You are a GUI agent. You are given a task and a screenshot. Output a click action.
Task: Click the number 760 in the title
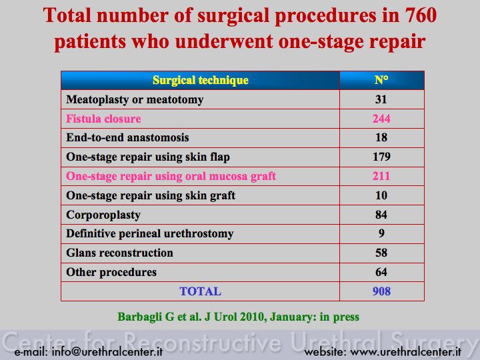[420, 15]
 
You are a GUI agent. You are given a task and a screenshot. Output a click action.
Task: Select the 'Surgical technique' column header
[201, 80]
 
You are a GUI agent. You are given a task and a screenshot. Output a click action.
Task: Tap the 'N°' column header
[381, 80]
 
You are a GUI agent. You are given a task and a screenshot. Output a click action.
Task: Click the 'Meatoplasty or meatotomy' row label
[135, 99]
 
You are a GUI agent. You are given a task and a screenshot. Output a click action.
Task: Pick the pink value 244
[381, 119]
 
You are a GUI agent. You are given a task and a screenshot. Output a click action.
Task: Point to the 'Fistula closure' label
[103, 119]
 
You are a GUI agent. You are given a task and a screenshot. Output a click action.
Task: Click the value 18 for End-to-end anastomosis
[381, 137]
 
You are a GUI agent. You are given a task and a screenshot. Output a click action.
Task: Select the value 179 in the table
[381, 157]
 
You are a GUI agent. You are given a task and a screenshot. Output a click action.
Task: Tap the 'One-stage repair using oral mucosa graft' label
[171, 176]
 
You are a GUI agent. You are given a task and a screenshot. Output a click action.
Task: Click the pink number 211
[381, 176]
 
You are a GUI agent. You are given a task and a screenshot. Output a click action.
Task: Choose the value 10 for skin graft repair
[381, 195]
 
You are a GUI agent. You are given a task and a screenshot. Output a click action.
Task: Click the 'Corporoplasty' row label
[103, 215]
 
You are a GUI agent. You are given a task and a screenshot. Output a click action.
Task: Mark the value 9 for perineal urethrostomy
[381, 233]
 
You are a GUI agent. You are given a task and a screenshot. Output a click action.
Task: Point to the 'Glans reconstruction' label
[119, 253]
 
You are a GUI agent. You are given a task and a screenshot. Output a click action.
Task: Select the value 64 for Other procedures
[381, 272]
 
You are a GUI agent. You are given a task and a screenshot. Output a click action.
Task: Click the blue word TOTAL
[200, 291]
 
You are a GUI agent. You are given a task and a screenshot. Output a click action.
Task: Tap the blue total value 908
[381, 291]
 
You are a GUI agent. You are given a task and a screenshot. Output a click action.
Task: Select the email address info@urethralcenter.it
[107, 351]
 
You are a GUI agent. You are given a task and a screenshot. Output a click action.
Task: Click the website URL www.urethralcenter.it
[405, 351]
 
